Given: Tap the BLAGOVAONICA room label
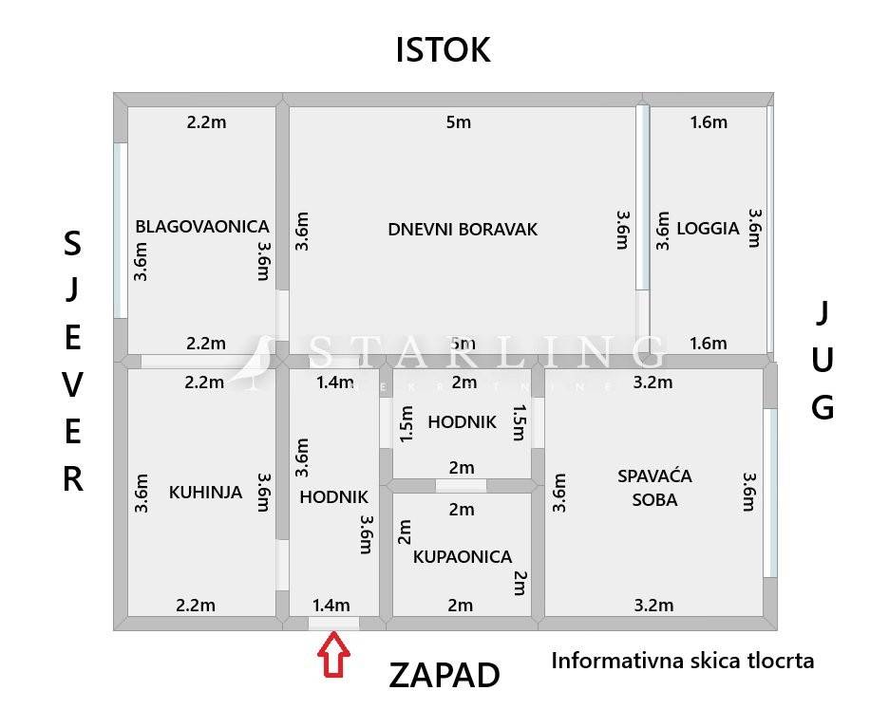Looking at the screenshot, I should click(x=201, y=227).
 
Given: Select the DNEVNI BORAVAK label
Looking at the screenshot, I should click(x=463, y=229).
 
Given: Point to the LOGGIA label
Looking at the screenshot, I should click(x=708, y=228).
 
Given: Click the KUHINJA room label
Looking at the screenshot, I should click(x=205, y=493).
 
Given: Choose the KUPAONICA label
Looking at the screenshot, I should click(x=463, y=557).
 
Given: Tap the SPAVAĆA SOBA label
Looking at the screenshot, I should click(x=654, y=487).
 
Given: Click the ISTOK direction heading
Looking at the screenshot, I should click(x=443, y=49).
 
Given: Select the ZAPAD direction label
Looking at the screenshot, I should click(x=444, y=676).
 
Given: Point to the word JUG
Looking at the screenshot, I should click(x=823, y=360).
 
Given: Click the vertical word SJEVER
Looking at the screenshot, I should click(x=73, y=361).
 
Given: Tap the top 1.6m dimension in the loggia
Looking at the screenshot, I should click(x=708, y=122).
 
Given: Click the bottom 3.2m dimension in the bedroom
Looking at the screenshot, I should click(x=653, y=605).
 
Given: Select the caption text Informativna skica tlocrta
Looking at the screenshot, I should click(x=682, y=661).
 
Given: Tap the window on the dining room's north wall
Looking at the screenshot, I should click(x=121, y=231).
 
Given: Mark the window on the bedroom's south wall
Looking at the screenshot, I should click(x=770, y=493).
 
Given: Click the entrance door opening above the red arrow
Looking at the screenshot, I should click(x=333, y=624).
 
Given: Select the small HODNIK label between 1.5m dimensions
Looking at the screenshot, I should click(x=462, y=422).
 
